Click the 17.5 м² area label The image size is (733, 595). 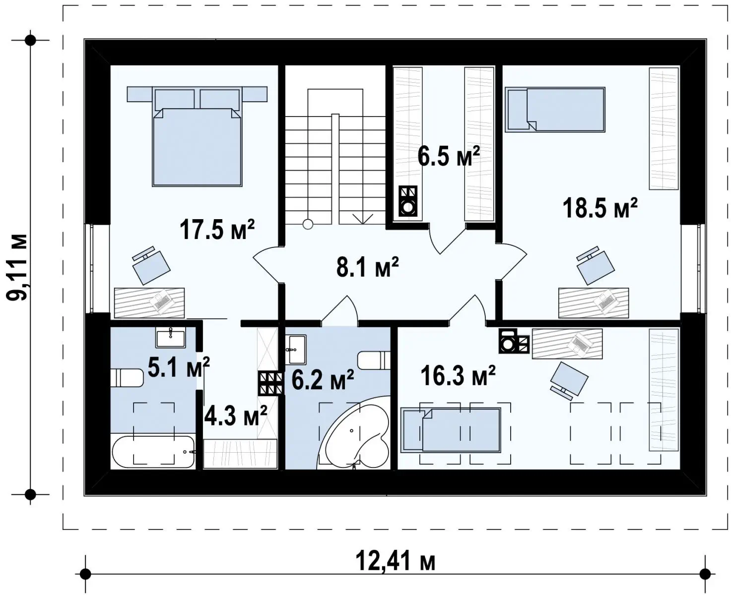[x=217, y=230]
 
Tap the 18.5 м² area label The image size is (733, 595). [x=600, y=208]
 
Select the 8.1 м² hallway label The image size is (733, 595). [x=368, y=267]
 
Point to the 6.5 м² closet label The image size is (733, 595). [x=449, y=156]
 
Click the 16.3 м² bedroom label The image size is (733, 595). [x=458, y=376]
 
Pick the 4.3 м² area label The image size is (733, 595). [x=235, y=415]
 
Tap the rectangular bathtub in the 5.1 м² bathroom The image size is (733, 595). [x=153, y=452]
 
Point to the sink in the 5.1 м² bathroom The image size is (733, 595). [x=171, y=338]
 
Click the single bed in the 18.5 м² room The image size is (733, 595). [x=555, y=109]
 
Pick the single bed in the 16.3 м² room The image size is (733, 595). [x=451, y=430]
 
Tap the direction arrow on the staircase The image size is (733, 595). [x=363, y=219]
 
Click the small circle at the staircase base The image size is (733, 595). [x=308, y=225]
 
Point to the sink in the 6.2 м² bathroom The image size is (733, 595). [x=296, y=350]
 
